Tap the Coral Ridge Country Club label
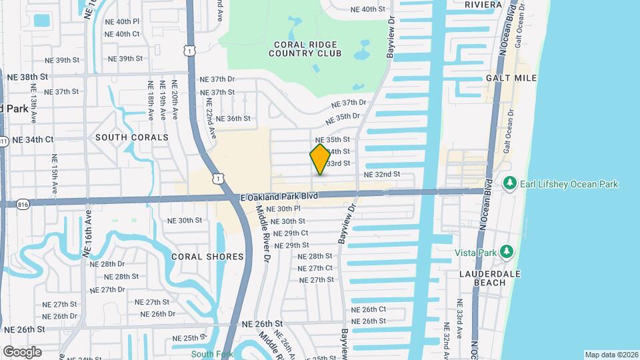pyautogui.click(x=305, y=49)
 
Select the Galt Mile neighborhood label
pyautogui.click(x=512, y=78)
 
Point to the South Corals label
pyautogui.click(x=132, y=137)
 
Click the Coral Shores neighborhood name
pyautogui.click(x=207, y=256)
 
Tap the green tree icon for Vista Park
pyautogui.click(x=507, y=251)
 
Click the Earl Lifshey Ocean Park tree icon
pyautogui.click(x=511, y=183)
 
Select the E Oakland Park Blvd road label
pyautogui.click(x=279, y=197)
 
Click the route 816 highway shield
pyautogui.click(x=24, y=204)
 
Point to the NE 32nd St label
pyautogui.click(x=381, y=174)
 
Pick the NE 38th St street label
pyautogui.click(x=27, y=77)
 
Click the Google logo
pyautogui.click(x=22, y=352)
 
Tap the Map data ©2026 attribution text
pyautogui.click(x=611, y=355)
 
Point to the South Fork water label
pyautogui.click(x=212, y=354)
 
